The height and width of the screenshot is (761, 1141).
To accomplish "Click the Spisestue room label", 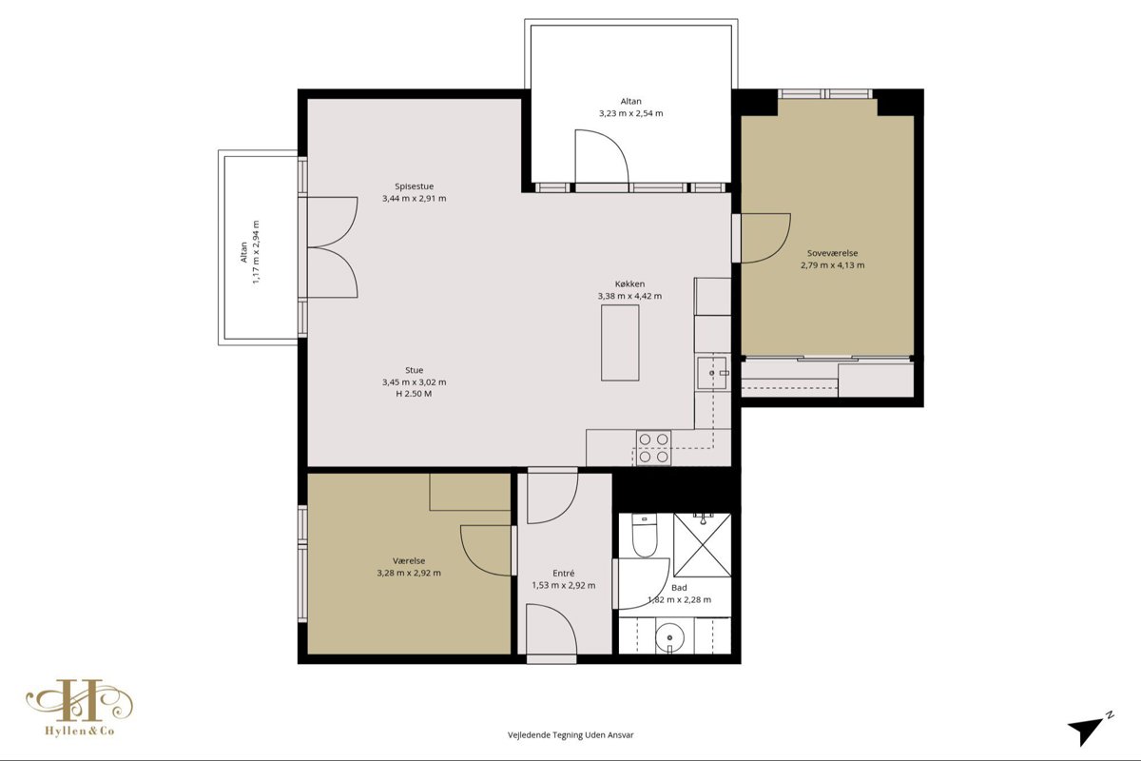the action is [415, 186].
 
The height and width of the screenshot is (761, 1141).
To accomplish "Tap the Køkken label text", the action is [629, 283].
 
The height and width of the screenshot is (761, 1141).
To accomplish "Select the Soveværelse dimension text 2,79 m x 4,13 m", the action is [832, 265].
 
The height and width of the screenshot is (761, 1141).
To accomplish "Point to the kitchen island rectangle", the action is [620, 342].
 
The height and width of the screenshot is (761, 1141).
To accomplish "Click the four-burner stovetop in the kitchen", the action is [653, 447].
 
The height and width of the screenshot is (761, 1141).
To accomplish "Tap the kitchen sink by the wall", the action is [713, 373].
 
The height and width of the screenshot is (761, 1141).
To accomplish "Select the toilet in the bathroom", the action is [645, 536].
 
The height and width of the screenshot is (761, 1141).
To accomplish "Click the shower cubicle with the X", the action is [702, 545].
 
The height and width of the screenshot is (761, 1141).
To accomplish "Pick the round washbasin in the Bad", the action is [669, 637].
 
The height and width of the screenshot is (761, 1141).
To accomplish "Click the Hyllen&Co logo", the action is [80, 707].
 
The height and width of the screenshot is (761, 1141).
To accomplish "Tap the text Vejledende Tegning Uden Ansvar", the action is [570, 735].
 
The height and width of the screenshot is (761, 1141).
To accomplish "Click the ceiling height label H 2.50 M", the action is [414, 394].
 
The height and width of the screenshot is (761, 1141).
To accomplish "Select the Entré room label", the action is [563, 573].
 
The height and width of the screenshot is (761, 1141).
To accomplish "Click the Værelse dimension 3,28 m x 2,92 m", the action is [409, 573].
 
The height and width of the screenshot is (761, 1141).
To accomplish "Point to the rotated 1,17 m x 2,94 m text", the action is [256, 252].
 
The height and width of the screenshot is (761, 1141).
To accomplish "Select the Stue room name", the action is [415, 370].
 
